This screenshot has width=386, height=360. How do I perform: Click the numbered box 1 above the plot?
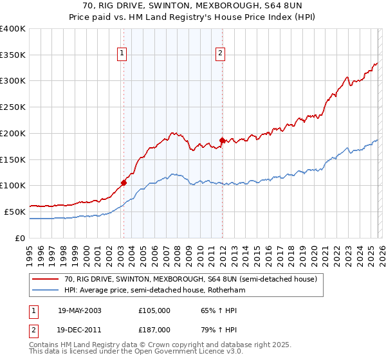click(122, 53)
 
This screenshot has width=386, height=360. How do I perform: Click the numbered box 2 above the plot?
click(220, 53)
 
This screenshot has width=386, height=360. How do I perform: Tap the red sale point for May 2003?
click(124, 182)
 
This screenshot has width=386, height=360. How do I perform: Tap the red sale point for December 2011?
click(222, 139)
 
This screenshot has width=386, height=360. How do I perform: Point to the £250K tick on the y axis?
click(13, 107)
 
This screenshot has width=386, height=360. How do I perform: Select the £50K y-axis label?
click(15, 212)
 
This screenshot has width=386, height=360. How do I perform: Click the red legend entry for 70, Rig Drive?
click(190, 280)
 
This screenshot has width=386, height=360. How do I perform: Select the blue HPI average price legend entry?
click(154, 291)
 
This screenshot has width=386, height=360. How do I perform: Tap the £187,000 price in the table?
click(154, 328)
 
